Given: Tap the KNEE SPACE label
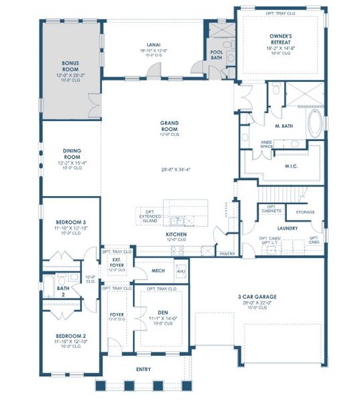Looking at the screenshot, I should pos(266,144).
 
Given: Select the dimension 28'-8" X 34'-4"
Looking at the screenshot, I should pos(169,169).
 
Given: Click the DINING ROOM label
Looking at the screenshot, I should pos(71,154).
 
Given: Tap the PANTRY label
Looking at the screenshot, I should pos(228,254).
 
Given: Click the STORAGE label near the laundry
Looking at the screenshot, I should pos(305,212).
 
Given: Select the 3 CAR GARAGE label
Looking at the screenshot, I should pos(257,296).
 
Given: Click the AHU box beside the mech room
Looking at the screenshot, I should pos(180,271).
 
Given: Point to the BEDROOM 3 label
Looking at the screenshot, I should pos(71,221).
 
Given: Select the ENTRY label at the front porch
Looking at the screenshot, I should pos(143,369).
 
